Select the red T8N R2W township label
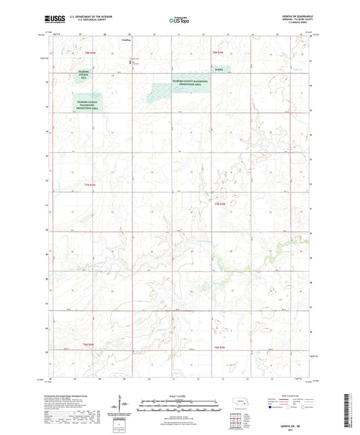[x=217, y=52]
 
